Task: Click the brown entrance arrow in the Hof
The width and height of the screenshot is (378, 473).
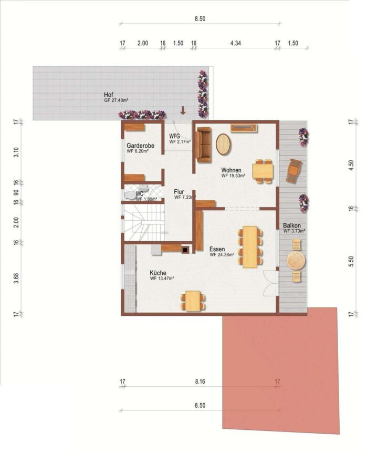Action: [183, 110]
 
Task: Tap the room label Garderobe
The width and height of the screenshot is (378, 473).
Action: [140, 146]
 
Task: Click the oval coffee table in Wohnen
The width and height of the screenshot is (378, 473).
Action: [223, 144]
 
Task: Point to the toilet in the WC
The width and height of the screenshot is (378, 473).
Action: [131, 195]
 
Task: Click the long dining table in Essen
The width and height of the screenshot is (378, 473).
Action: [250, 247]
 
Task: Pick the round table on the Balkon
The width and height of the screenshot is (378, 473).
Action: [296, 261]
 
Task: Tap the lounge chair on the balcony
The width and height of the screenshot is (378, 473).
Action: [294, 171]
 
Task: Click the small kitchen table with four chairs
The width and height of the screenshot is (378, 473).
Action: [193, 301]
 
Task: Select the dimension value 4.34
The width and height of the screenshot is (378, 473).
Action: [235, 43]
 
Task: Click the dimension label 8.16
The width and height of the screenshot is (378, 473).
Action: [200, 382]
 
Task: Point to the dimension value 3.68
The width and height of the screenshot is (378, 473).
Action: [17, 278]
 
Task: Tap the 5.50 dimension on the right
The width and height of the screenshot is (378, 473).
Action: [351, 261]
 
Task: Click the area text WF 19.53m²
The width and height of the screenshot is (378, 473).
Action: [233, 176]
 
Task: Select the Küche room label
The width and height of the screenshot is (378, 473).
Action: [158, 273]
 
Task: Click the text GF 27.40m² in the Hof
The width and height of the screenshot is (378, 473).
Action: [117, 101]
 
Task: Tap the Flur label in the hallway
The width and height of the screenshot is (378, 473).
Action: [178, 192]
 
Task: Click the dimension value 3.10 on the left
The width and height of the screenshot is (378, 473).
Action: [17, 152]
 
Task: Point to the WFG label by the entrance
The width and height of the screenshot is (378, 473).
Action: [174, 136]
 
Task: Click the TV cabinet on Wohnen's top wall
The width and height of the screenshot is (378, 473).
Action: [244, 128]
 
